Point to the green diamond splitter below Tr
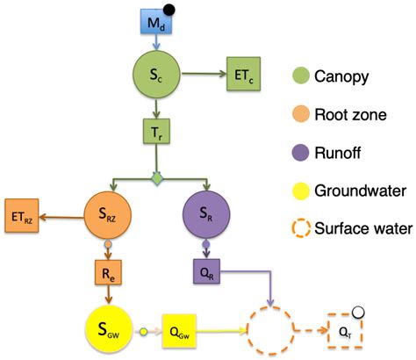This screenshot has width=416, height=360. [x=158, y=179]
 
